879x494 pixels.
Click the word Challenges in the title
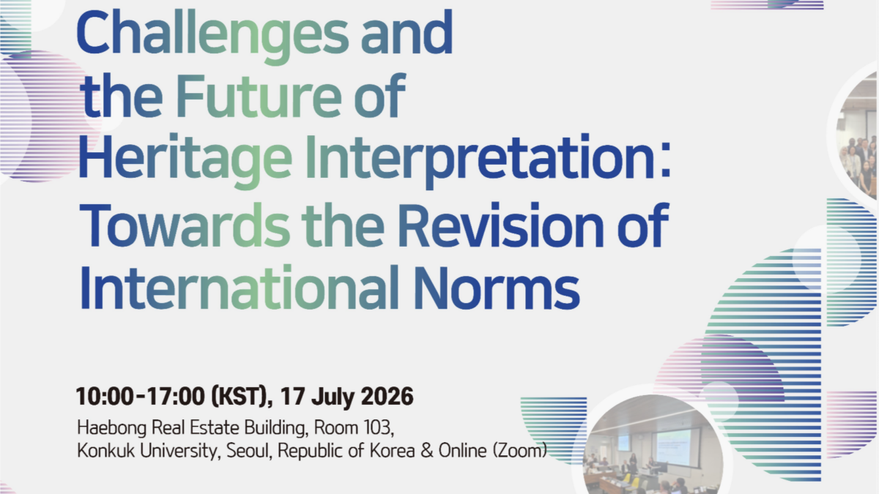point(212,36)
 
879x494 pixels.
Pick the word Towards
point(185,225)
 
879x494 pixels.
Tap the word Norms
point(497,289)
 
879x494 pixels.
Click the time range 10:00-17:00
point(141,396)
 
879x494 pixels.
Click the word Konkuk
point(106,451)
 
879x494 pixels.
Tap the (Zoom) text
point(519,451)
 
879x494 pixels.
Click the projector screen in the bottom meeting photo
point(674,446)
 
